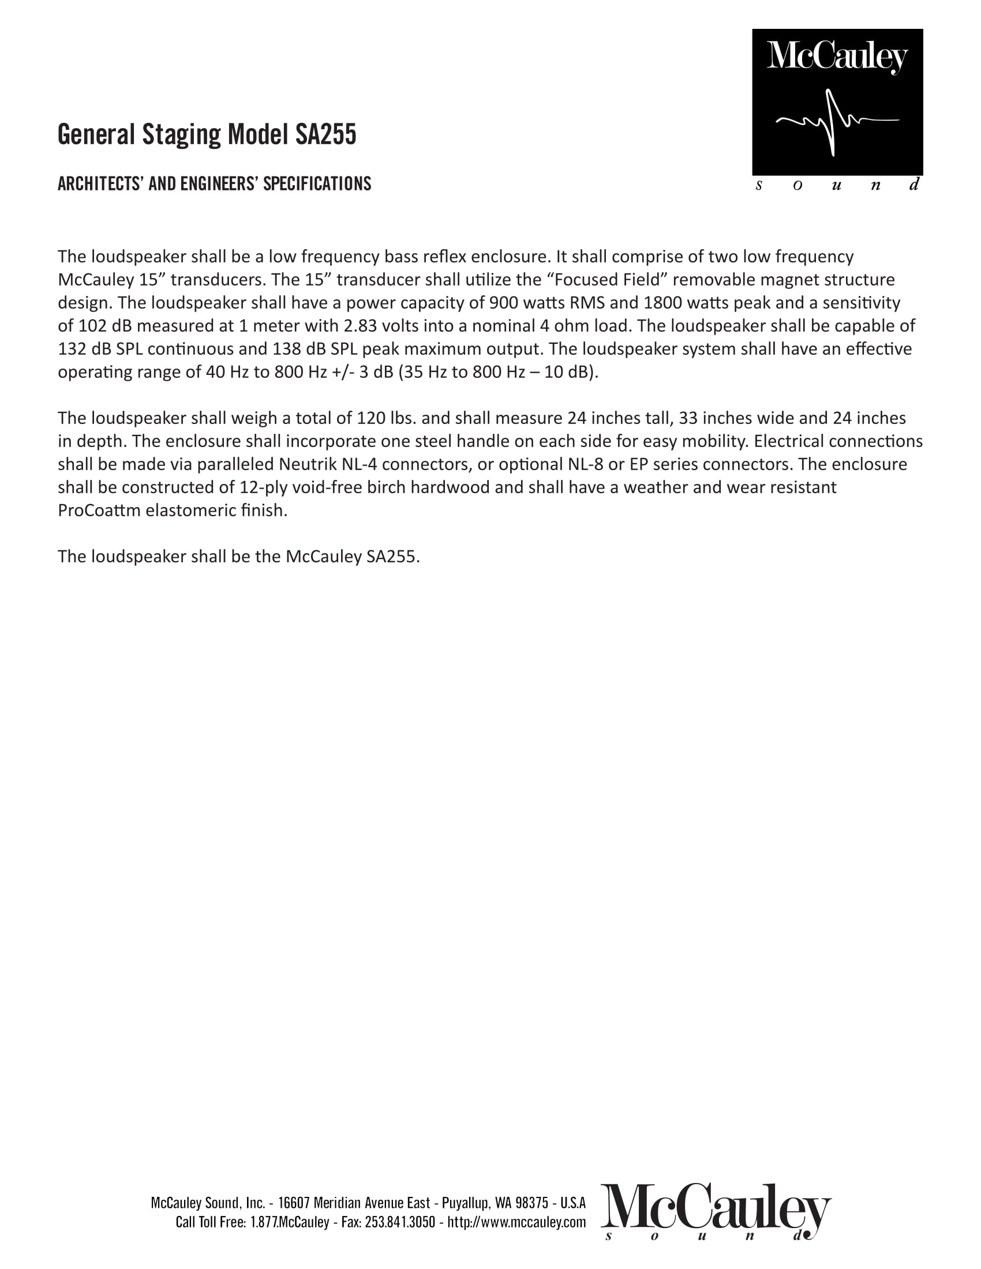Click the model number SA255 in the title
[x=325, y=135]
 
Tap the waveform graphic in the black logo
[x=837, y=122]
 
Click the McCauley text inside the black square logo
[x=837, y=57]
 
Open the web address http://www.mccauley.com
[x=516, y=1222]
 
